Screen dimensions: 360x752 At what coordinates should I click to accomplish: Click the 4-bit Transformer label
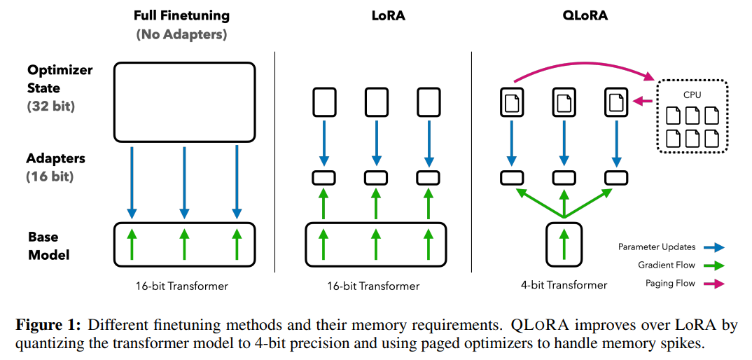coord(564,285)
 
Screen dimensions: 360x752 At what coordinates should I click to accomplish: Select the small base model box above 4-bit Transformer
coord(564,242)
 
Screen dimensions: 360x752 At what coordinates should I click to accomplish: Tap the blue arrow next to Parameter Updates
coord(715,247)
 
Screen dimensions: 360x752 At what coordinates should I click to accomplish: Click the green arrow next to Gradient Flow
coord(715,265)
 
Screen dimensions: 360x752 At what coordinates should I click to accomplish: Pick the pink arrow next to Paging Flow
coord(715,283)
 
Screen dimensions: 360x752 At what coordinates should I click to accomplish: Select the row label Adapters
coord(55,158)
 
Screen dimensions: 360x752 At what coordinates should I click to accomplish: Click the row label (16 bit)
coord(50,176)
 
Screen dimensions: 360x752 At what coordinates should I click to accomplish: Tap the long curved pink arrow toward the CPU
coord(581,62)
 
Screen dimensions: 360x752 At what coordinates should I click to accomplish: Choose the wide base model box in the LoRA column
coord(375,244)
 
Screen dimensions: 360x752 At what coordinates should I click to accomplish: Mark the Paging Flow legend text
coord(669,283)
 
